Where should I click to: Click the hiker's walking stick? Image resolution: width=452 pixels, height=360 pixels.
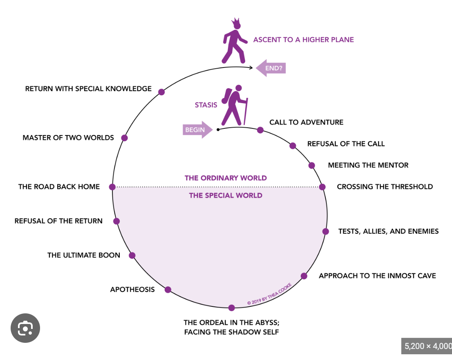pyautogui.click(x=246, y=111)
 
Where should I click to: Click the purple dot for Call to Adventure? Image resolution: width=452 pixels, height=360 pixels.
pyautogui.click(x=260, y=130)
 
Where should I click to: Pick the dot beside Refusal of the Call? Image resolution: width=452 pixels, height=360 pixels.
pyautogui.click(x=293, y=146)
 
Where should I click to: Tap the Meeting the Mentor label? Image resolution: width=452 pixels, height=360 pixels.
pyautogui.click(x=368, y=165)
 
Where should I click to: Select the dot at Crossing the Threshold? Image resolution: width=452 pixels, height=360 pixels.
pyautogui.click(x=322, y=187)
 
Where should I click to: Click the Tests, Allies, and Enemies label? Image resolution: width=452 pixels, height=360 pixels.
pyautogui.click(x=388, y=231)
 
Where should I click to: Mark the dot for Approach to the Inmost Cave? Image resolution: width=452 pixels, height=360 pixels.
pyautogui.click(x=304, y=276)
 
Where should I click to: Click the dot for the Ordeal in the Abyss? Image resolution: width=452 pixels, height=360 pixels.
pyautogui.click(x=232, y=308)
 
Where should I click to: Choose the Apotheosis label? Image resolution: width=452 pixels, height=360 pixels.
pyautogui.click(x=132, y=290)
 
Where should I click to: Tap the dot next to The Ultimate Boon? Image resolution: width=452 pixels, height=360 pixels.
pyautogui.click(x=132, y=255)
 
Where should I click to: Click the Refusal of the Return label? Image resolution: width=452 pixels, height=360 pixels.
pyautogui.click(x=58, y=221)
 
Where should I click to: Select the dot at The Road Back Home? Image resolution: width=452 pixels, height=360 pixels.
pyautogui.click(x=112, y=187)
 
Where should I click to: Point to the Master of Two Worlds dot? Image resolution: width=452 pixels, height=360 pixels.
pyautogui.click(x=125, y=138)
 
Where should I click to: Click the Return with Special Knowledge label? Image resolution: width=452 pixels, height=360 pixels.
pyautogui.click(x=88, y=88)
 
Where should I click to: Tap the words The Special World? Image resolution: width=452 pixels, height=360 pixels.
pyautogui.click(x=226, y=196)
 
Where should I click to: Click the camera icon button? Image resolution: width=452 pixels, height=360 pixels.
pyautogui.click(x=25, y=328)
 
